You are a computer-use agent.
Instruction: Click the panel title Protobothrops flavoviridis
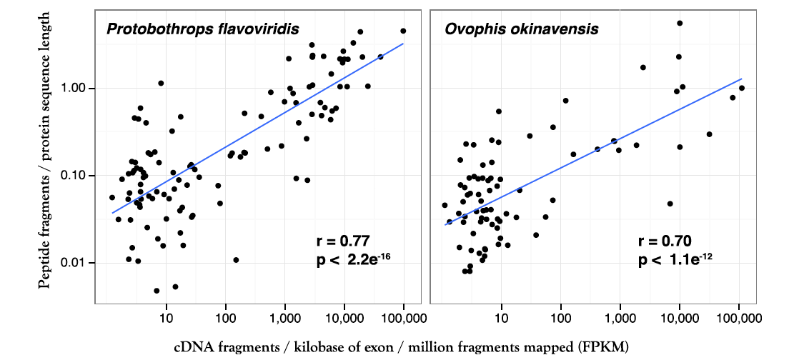[202, 29]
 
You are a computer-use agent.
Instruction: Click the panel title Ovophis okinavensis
[521, 29]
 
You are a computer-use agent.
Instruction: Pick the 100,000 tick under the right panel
[738, 317]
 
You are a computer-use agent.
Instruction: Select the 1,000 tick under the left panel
[284, 317]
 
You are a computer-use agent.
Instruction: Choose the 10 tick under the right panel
[501, 317]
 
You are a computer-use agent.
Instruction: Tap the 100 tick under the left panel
[225, 317]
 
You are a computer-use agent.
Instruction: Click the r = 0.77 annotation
[342, 241]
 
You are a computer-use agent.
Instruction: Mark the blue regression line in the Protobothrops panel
[257, 128]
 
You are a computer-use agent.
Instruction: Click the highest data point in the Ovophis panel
[680, 23]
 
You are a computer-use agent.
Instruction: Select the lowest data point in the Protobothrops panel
[157, 291]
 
